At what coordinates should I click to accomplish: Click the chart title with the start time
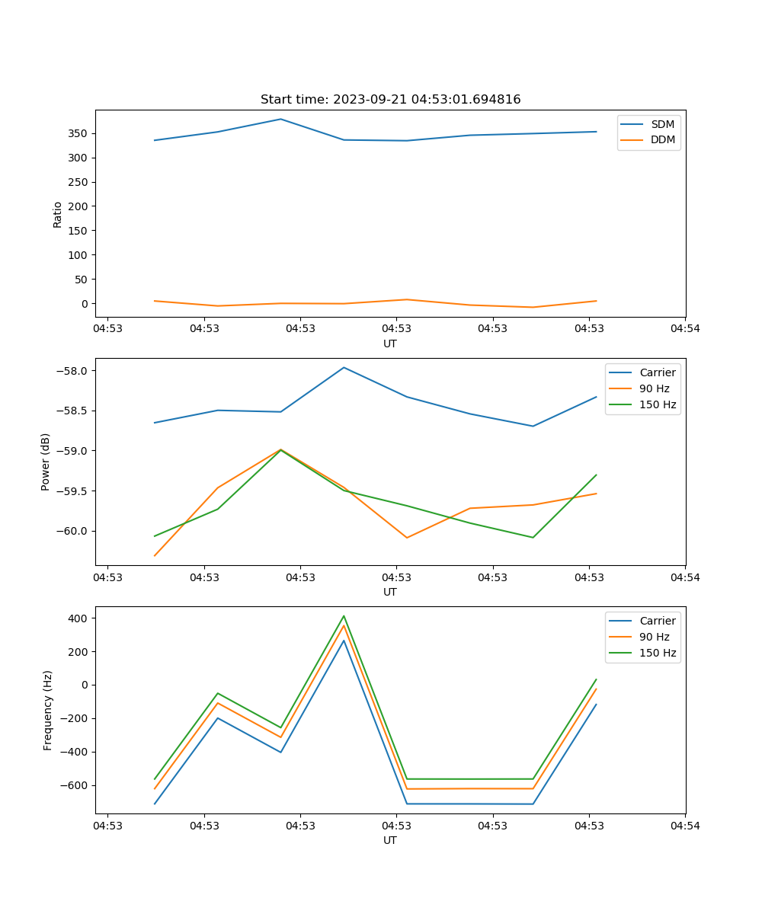tap(390, 100)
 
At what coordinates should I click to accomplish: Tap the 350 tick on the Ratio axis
tap(79, 133)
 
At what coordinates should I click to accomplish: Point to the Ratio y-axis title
tap(58, 214)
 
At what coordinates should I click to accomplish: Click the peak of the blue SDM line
tap(280, 119)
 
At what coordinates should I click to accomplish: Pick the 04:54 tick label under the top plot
tap(684, 329)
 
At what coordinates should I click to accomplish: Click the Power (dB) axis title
tap(46, 462)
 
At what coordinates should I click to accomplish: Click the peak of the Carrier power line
tap(344, 367)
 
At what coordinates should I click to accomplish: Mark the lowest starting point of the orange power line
tap(155, 555)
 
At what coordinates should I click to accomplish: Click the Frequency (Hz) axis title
tap(47, 710)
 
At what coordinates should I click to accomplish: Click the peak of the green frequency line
tap(344, 615)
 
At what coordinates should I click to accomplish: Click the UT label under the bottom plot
tap(390, 840)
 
